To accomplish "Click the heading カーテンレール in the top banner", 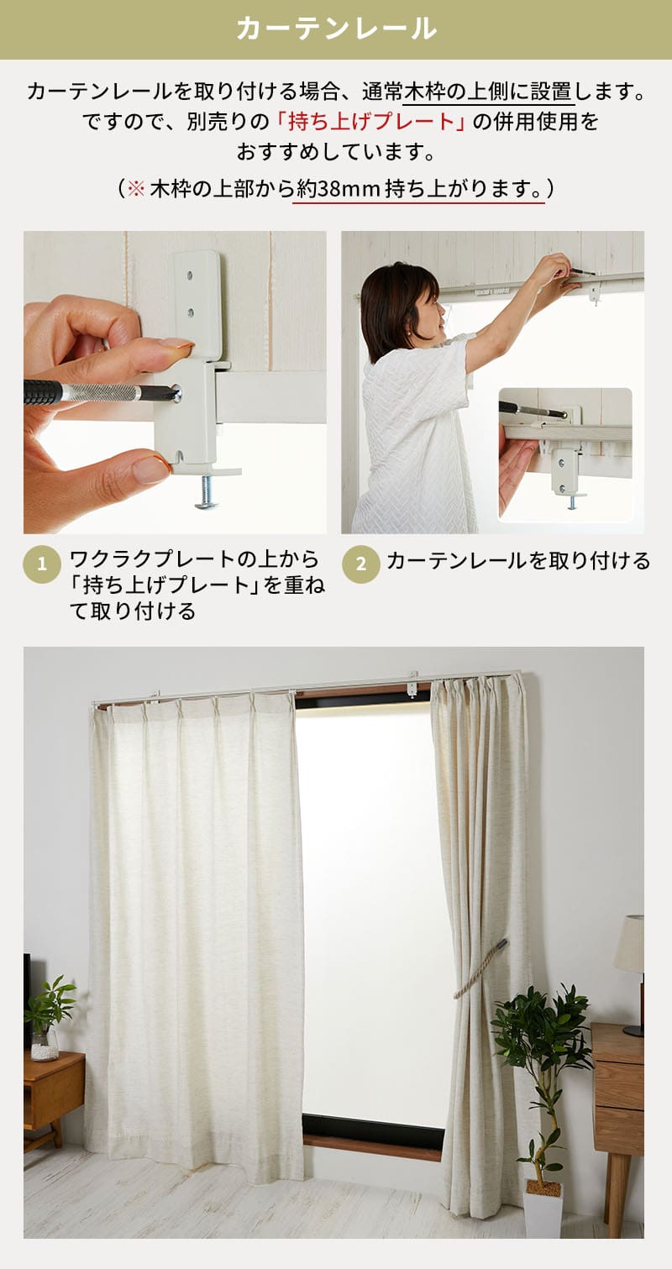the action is [x=336, y=29].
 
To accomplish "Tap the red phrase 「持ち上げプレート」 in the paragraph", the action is [x=370, y=121].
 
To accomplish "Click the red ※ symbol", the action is [x=136, y=188].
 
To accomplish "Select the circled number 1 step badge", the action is [x=41, y=564].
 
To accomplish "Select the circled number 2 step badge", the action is [x=361, y=564].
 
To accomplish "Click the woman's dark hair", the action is [x=394, y=303].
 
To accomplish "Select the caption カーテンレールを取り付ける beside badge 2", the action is [x=518, y=561].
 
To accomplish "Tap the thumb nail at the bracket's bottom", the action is [x=150, y=469].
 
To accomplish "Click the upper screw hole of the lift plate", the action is [x=190, y=276].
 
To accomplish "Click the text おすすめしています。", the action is [x=336, y=152].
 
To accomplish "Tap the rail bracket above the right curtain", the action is [x=413, y=684].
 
